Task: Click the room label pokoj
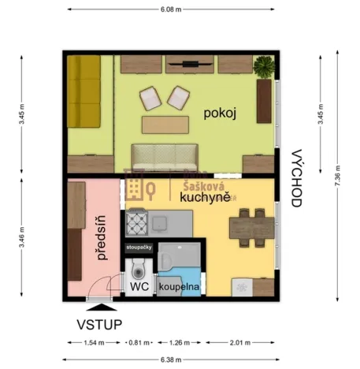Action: [x=220, y=114]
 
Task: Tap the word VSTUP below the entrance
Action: [x=98, y=323]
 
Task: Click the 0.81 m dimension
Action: [x=139, y=342]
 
